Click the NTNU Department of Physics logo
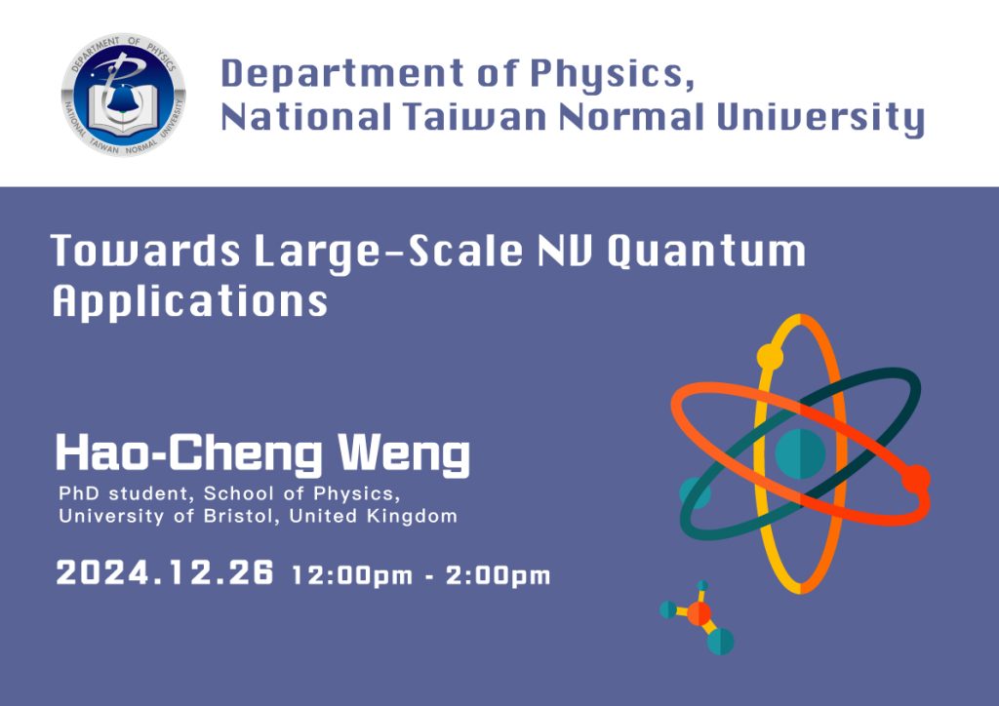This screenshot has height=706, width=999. point(124,95)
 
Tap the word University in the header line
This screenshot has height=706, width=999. point(820,119)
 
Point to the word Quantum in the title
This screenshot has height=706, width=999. point(706,252)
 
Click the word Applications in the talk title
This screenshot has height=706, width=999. point(190,301)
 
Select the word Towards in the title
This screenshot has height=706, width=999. point(145,251)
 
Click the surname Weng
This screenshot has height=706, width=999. point(404,454)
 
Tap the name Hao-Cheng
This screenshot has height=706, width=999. point(189,454)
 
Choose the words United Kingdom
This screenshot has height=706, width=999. point(374,516)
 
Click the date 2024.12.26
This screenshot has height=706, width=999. point(165,572)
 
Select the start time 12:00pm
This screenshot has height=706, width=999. point(352,575)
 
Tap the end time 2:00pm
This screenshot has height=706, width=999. point(498,575)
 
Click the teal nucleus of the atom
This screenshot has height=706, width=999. point(800,453)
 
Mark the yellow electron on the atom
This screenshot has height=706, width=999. point(771,357)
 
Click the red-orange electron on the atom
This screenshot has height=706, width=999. point(916,480)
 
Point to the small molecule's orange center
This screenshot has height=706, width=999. point(699,613)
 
